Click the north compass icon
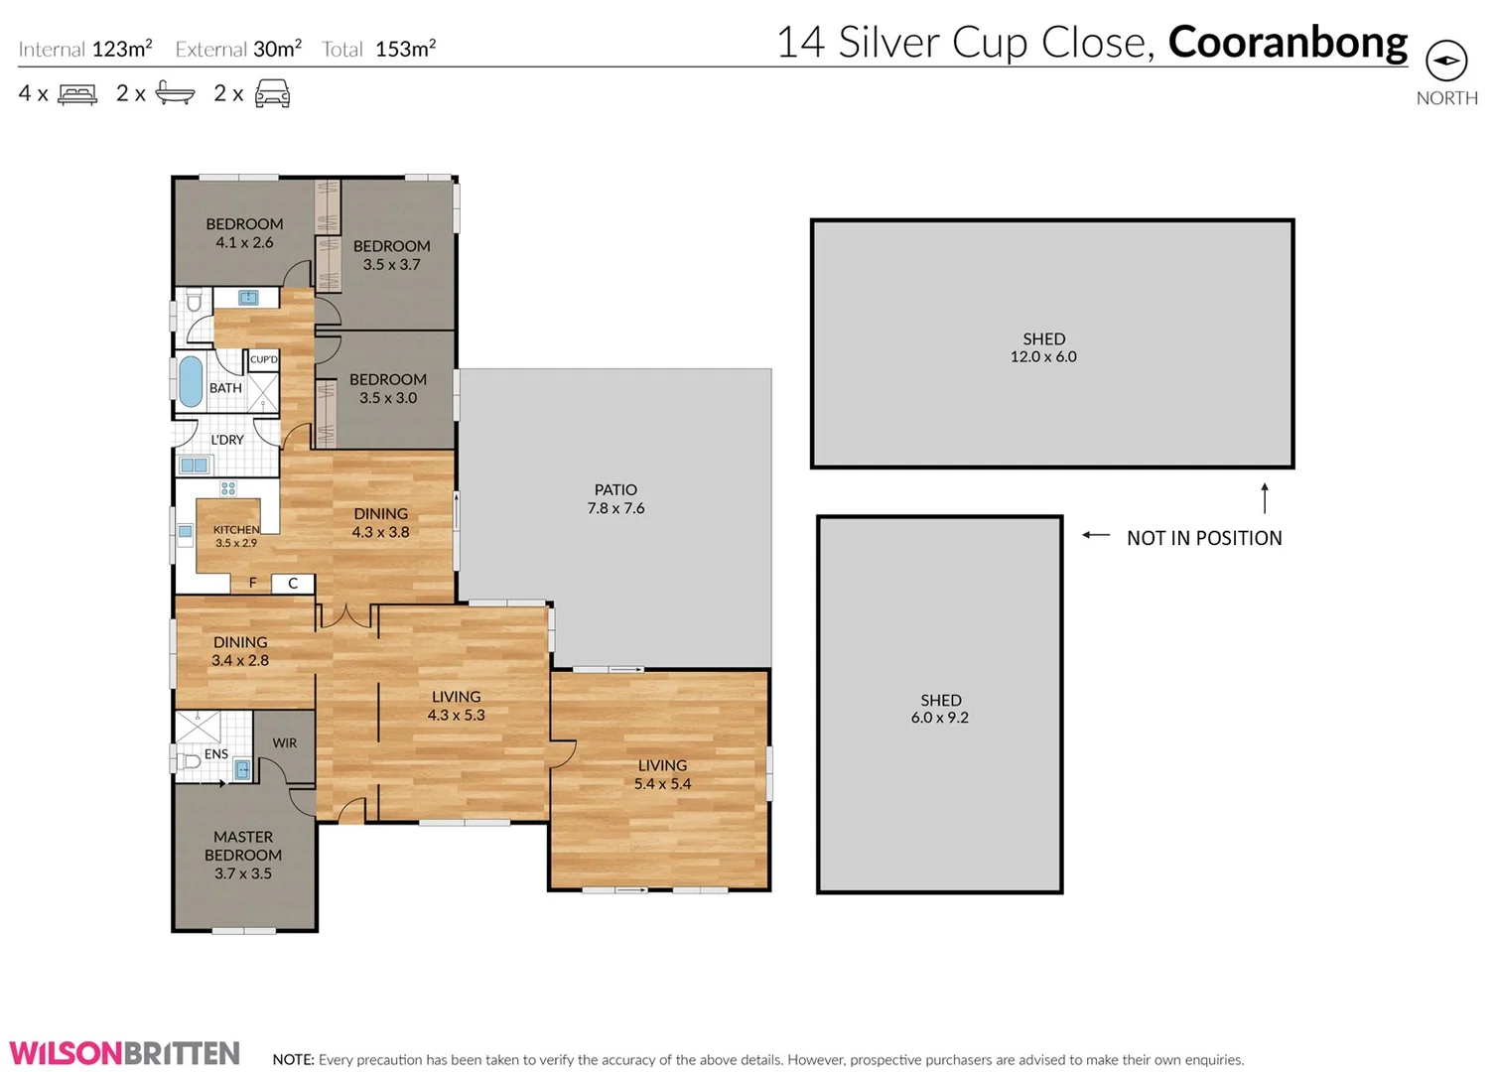coord(1445,61)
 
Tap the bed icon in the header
coord(77,94)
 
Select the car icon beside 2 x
coord(273,94)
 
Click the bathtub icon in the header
coord(175,94)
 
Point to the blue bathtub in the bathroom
coord(191,381)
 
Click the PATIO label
coord(615,489)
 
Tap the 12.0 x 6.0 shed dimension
coord(1043,357)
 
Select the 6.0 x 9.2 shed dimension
coord(939,718)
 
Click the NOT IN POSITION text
coord(1203,538)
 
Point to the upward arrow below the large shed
coord(1264,498)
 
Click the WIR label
coord(285,742)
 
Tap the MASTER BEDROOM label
coord(243,846)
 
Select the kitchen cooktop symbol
coord(228,488)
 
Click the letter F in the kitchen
coord(253,584)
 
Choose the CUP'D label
coord(264,359)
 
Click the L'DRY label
coord(227,440)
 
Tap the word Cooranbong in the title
coord(1288,43)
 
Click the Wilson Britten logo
coord(125,1053)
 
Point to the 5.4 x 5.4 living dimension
coord(662,784)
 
